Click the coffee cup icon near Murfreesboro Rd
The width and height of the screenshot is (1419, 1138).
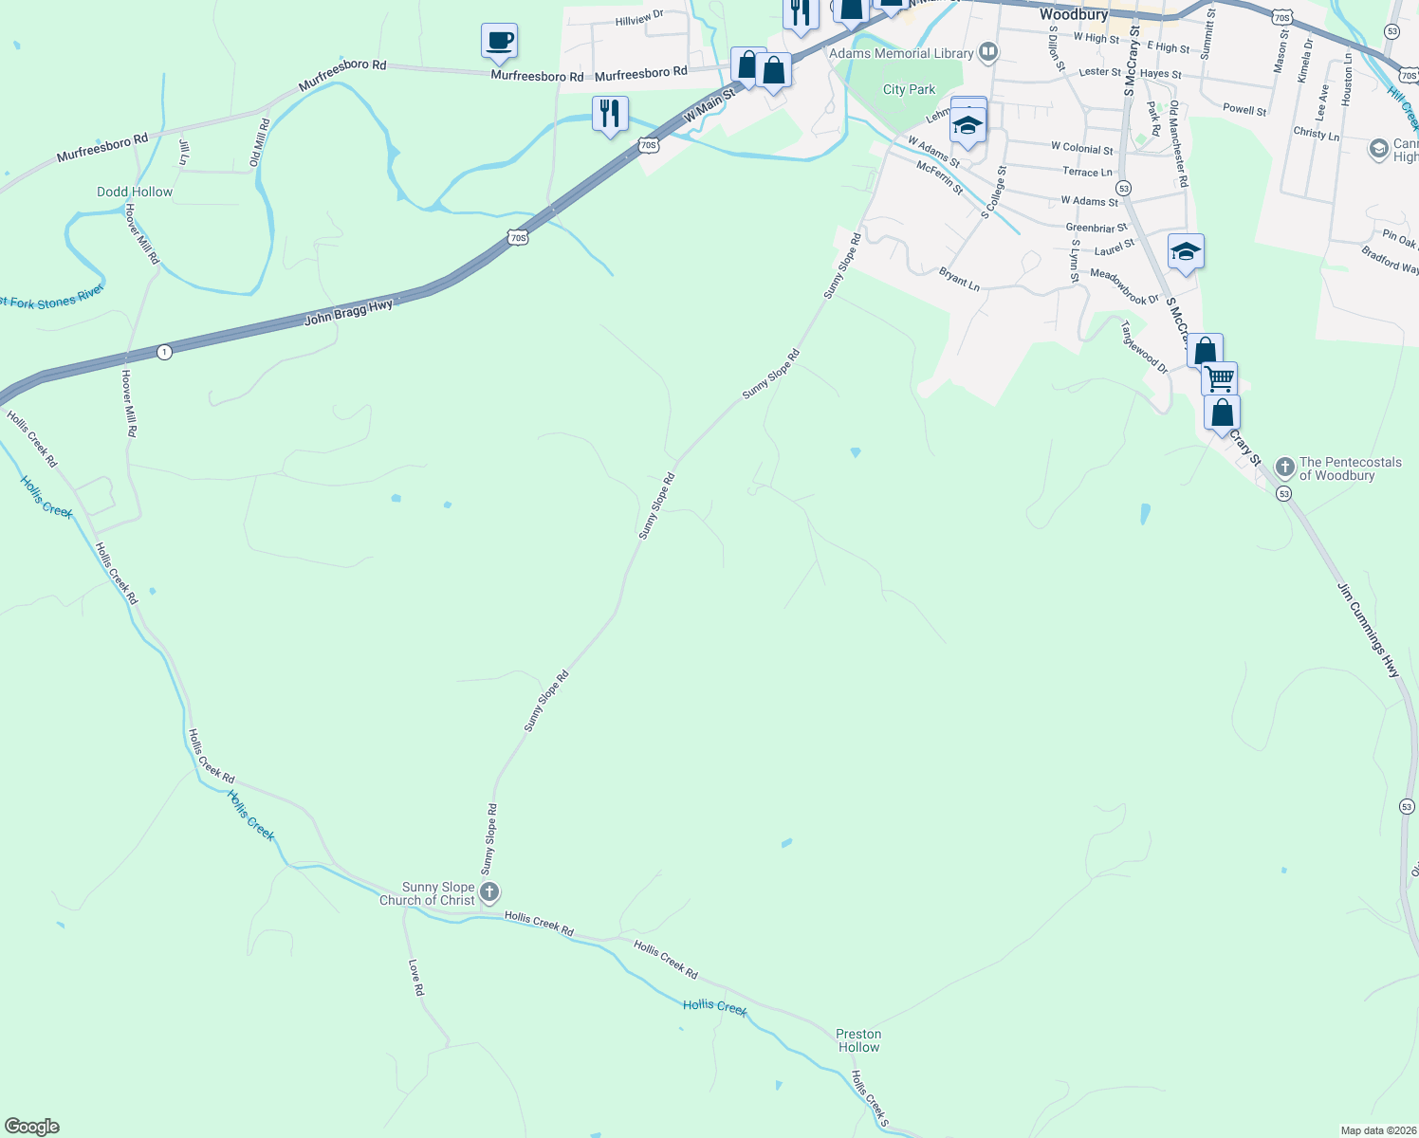point(499,41)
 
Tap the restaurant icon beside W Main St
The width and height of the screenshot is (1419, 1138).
point(610,114)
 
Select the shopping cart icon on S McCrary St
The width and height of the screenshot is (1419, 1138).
point(1219,379)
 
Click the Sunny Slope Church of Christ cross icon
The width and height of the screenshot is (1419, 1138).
point(489,892)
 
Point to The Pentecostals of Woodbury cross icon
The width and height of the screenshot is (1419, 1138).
point(1285,467)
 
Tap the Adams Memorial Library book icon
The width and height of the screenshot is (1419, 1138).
point(988,51)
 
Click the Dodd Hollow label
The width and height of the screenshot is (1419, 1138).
point(135,192)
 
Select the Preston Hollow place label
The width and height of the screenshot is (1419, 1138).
point(858,1040)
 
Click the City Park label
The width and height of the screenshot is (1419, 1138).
point(909,89)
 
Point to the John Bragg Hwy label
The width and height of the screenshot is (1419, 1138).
point(348,312)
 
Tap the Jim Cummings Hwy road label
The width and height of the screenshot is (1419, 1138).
point(1368,630)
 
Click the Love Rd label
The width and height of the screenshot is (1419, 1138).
point(415,977)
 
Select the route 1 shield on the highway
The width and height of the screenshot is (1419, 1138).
point(165,352)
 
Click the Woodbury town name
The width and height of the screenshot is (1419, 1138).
point(1074,14)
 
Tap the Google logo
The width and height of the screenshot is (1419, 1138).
point(32,1127)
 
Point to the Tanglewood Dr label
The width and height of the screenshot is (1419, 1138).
point(1144,346)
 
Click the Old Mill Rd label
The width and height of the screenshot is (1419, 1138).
point(259,142)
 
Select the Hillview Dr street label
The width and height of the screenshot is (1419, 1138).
point(639,19)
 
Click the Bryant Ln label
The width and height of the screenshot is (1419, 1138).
point(959,279)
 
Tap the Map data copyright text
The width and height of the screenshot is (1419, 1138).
point(1376,1130)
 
